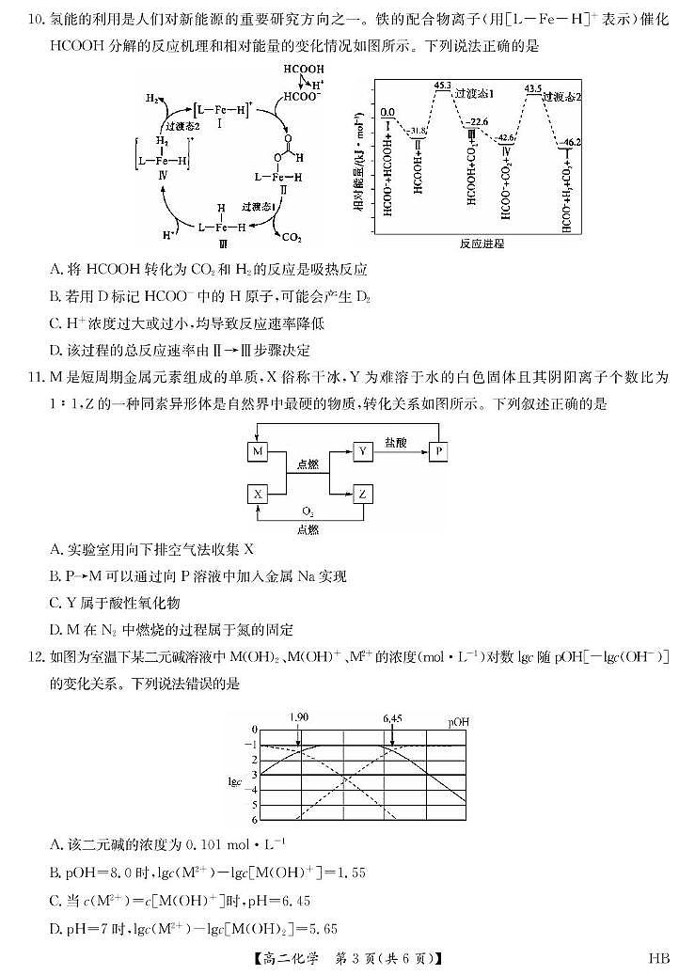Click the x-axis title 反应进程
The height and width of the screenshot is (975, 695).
coord(482,244)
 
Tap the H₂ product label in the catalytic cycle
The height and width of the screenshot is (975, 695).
coord(151,98)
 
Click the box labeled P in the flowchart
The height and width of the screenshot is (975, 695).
coord(439,452)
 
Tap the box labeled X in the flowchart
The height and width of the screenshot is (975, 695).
coord(258,494)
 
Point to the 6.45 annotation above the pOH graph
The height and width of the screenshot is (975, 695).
coord(392,718)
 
